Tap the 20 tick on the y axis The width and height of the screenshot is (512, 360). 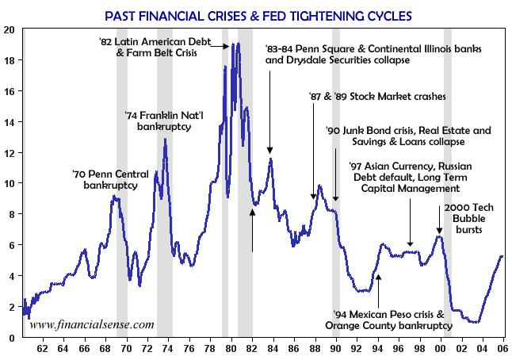(10, 29)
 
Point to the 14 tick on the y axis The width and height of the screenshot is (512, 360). (10, 122)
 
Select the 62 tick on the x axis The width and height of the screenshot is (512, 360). (41, 347)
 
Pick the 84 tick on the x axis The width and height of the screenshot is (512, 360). (273, 347)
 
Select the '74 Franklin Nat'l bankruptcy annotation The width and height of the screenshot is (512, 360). (164, 121)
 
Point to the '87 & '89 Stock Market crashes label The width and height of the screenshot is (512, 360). (378, 96)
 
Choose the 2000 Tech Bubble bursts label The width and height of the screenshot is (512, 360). (461, 219)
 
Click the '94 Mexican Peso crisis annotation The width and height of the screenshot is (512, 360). (389, 320)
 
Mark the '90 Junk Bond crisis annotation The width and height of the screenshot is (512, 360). (409, 136)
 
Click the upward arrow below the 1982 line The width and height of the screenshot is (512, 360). (252, 230)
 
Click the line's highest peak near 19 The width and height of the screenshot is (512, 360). (235, 44)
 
